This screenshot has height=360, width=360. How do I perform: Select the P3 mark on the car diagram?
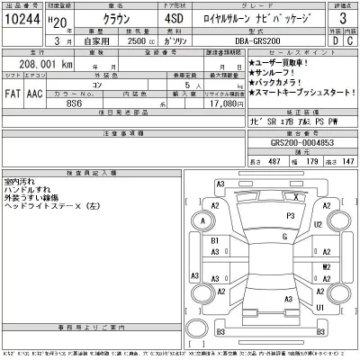pyautogui.click(x=290, y=216)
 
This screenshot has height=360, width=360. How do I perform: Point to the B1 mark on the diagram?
pyautogui.click(x=214, y=242)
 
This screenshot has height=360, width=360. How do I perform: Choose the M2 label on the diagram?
pyautogui.click(x=325, y=267)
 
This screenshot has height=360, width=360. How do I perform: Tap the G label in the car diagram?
pyautogui.click(x=284, y=237)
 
